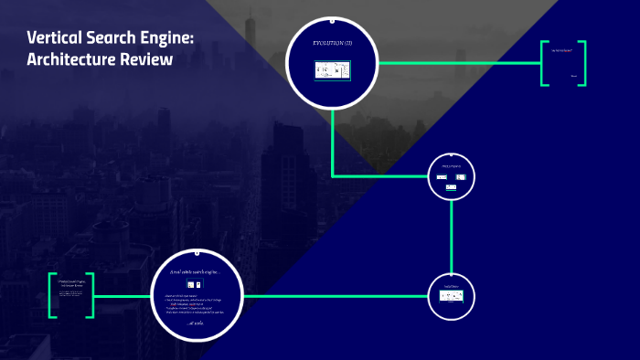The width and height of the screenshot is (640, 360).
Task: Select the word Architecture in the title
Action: coord(76,60)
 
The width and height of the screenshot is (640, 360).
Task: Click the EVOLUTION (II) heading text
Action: coord(332,44)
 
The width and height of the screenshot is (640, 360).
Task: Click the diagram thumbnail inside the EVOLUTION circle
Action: coord(333,70)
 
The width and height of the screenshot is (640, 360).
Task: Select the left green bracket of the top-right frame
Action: coord(543,63)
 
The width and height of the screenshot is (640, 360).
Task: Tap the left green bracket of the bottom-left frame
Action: coord(52,295)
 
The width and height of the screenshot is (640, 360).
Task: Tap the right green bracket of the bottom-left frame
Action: coord(90,295)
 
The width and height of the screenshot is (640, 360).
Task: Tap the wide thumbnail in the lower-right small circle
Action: coord(452,296)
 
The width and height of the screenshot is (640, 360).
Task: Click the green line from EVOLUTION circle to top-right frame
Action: coord(457,63)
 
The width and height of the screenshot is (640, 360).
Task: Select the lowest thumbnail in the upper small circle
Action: coord(451,186)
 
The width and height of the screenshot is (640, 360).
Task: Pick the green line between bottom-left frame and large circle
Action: coord(122,296)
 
